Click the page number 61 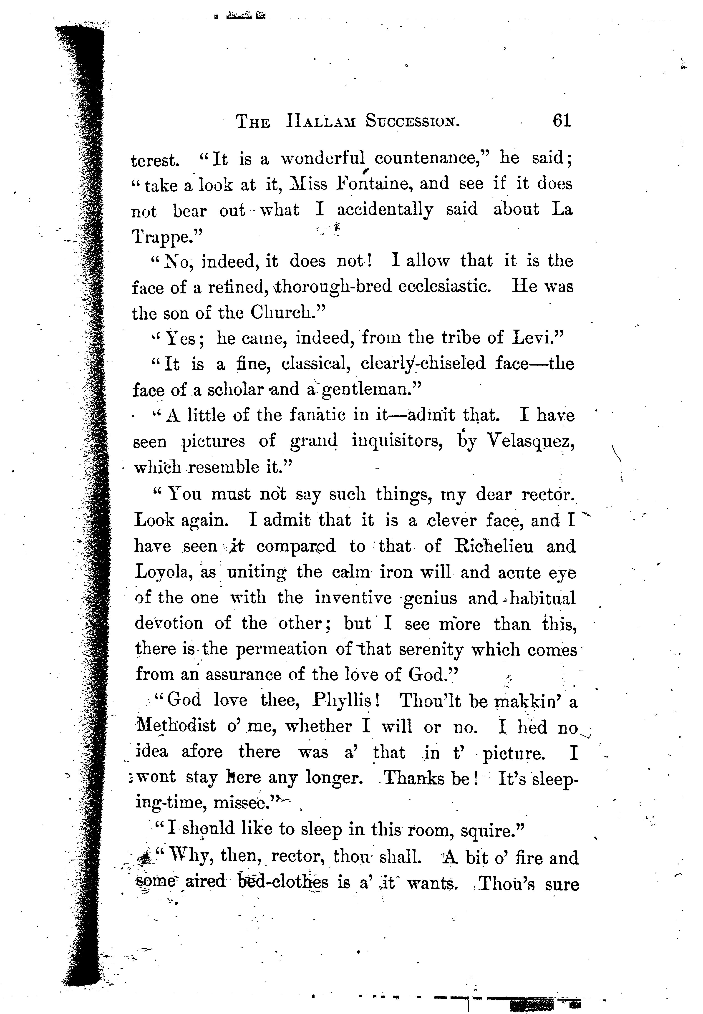562,120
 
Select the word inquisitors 397,441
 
